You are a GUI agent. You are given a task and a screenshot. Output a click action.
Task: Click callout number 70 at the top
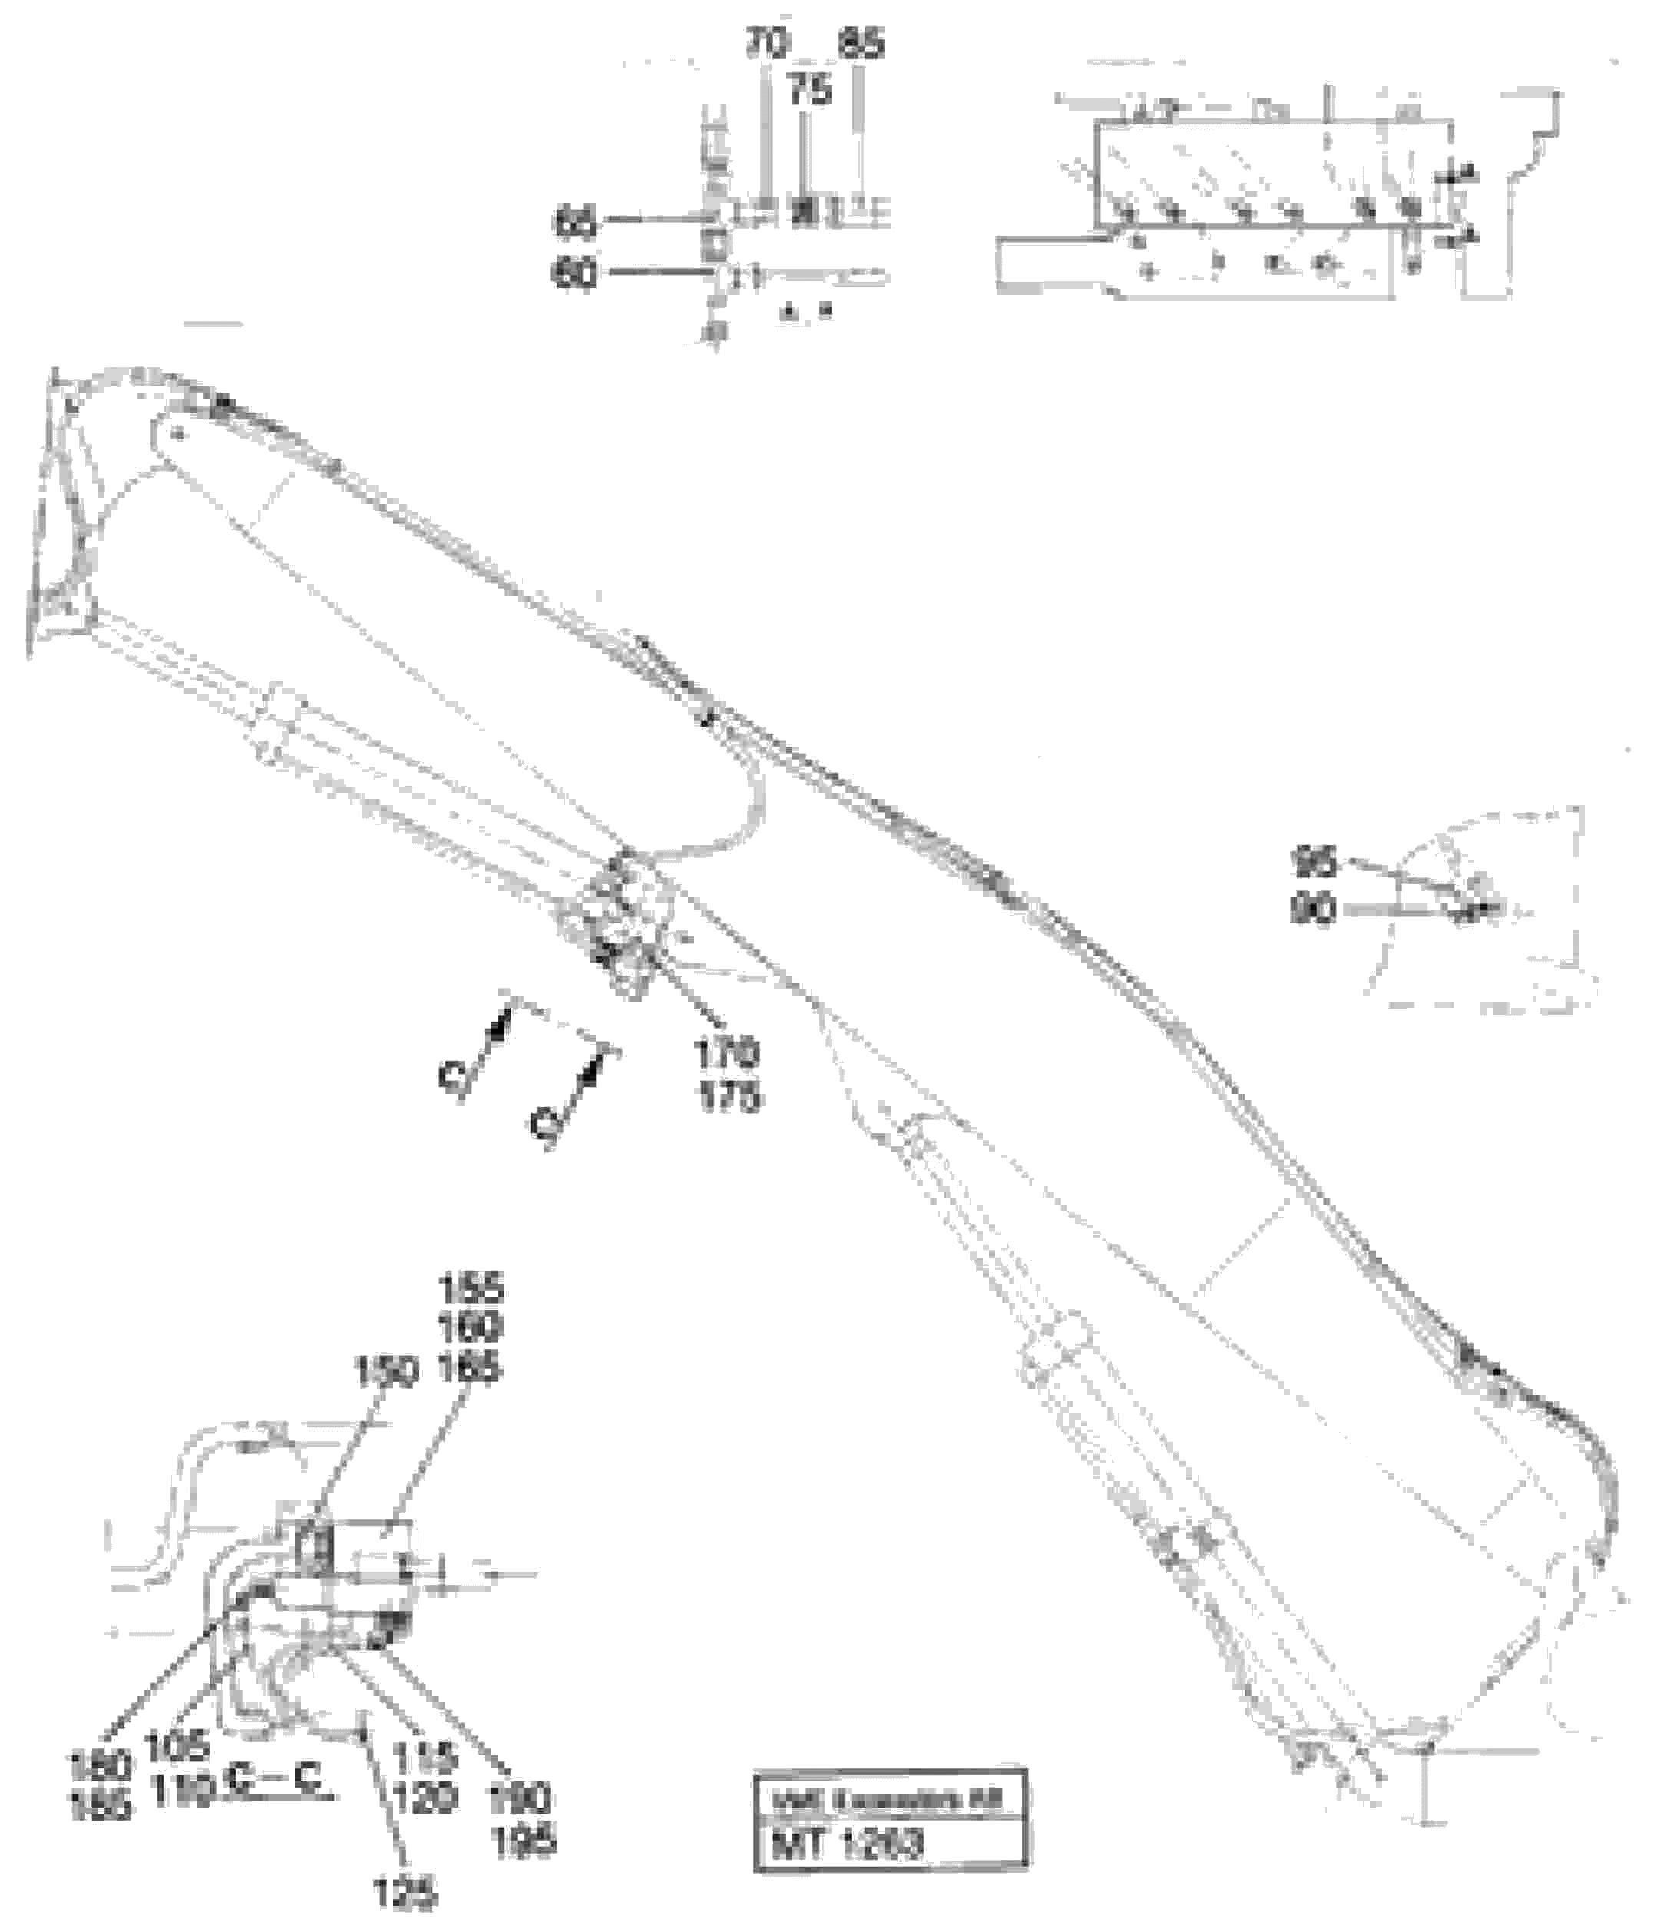(767, 44)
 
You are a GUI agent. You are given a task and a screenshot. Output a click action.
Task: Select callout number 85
(861, 44)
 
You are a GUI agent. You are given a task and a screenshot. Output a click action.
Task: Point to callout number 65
(574, 223)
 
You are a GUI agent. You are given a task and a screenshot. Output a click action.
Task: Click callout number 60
(574, 275)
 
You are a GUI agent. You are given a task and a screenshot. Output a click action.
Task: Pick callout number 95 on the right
(1314, 861)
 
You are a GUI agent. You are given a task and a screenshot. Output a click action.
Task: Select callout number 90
(1312, 910)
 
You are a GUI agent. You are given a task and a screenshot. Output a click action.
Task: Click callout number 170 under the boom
(728, 1054)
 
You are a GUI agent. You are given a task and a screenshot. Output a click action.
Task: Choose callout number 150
(385, 1374)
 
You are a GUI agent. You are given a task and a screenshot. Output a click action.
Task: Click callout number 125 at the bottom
(405, 1894)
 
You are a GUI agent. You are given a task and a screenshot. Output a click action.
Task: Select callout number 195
(521, 1841)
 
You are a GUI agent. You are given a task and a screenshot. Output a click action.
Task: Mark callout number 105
(178, 1746)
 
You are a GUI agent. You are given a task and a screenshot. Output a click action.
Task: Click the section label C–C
(274, 1784)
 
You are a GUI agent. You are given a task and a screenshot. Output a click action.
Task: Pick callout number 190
(519, 1798)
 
